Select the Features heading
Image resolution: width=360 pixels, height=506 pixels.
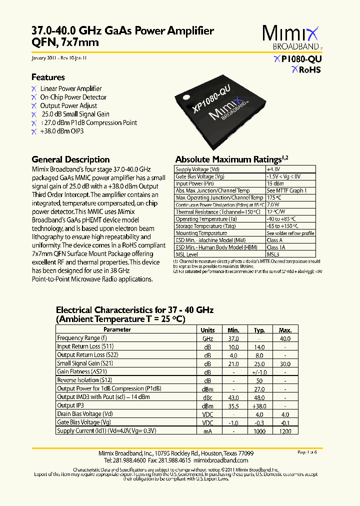(48, 77)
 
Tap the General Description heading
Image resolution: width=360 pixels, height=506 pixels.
(70, 159)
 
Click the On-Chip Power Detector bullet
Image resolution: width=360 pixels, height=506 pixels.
(73, 97)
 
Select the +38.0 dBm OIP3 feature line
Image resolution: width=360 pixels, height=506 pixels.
(61, 131)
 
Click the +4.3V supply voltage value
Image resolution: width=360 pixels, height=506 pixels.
(273, 169)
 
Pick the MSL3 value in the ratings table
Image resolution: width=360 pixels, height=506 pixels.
(273, 254)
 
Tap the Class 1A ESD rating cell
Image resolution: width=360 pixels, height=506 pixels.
(275, 247)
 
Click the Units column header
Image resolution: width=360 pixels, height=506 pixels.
(207, 330)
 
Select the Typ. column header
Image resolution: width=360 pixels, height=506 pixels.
(259, 330)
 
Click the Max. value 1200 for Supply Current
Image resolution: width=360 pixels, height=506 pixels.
(284, 430)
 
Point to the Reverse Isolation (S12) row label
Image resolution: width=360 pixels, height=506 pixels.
(81, 380)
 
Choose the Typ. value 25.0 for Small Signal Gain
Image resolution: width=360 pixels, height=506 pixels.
(259, 363)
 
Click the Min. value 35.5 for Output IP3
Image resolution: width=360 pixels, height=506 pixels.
(233, 405)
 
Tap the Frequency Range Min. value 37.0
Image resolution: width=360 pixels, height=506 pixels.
(233, 338)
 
